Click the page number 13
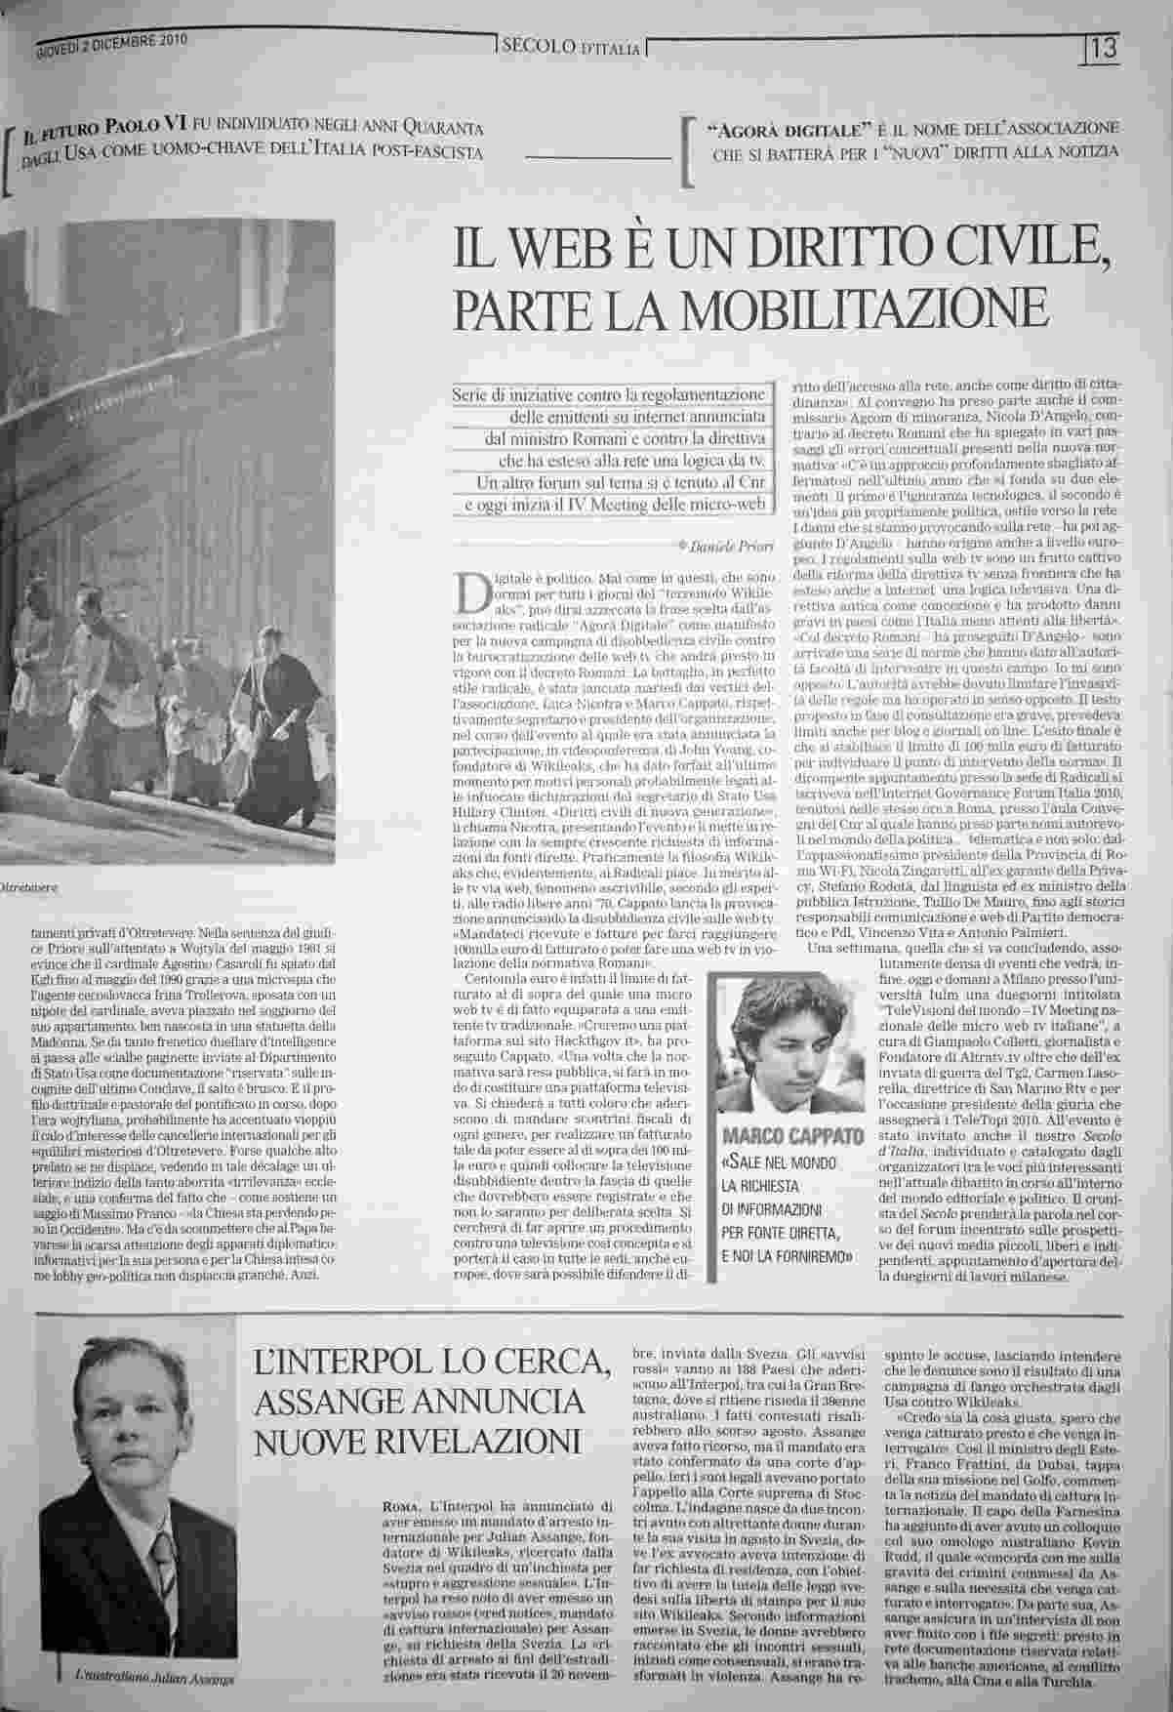click(x=1105, y=46)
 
